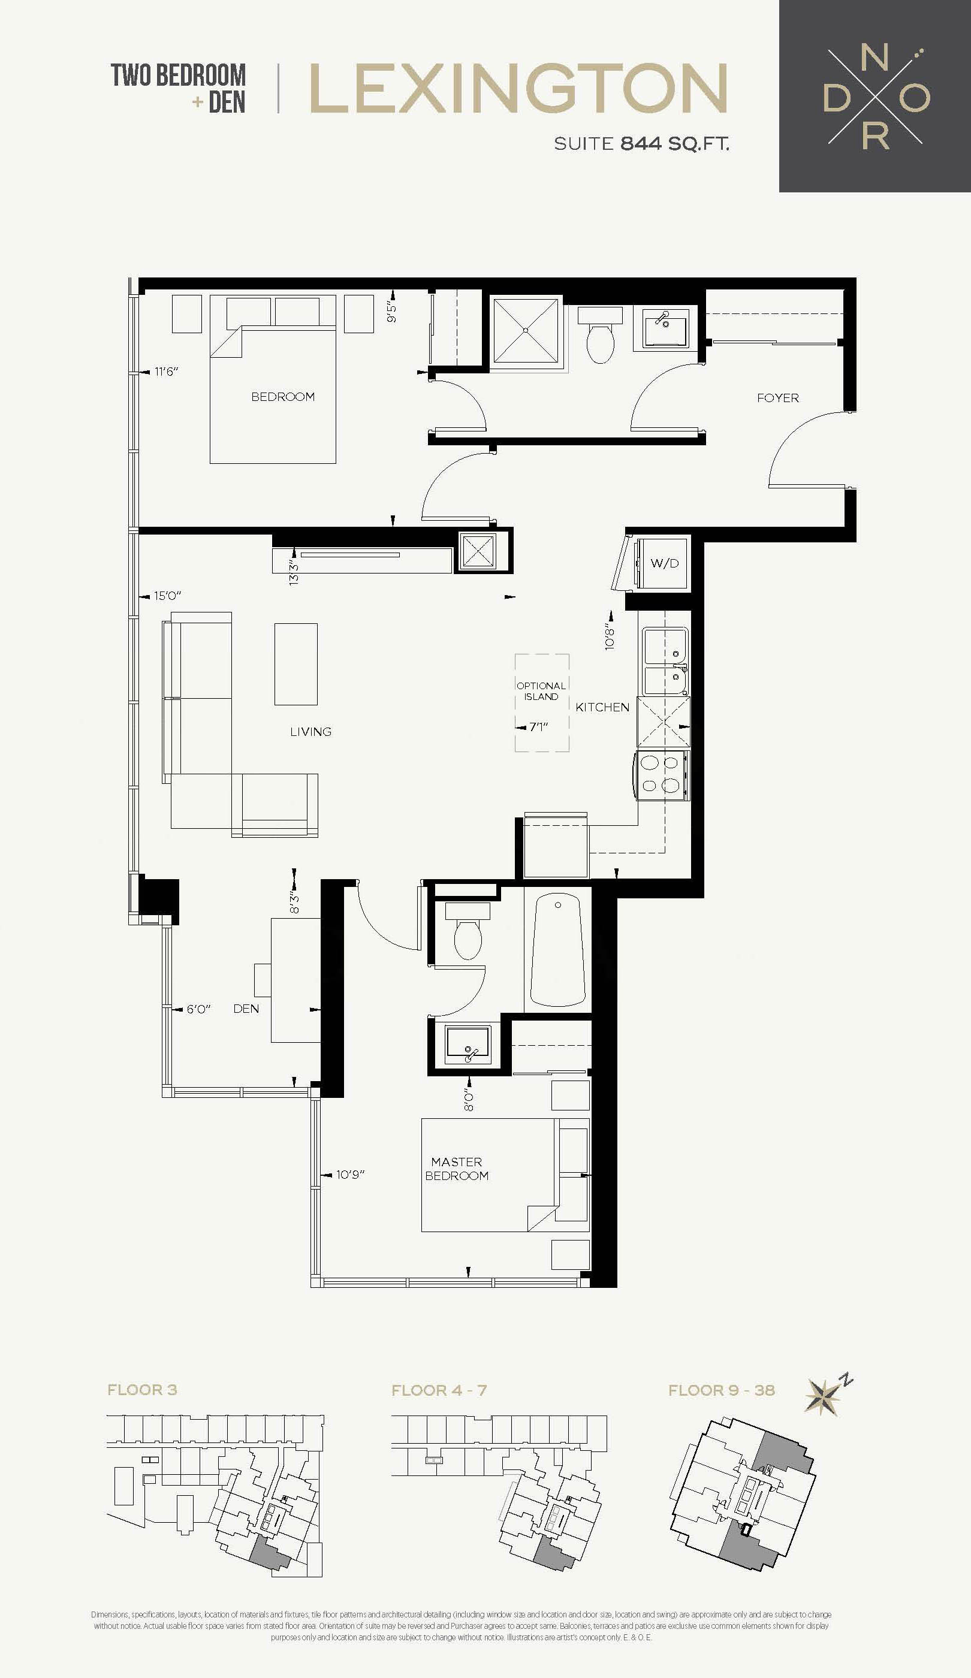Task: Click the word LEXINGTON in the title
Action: [518, 89]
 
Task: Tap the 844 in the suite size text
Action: [641, 143]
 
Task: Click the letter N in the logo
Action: [874, 59]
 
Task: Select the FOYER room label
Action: [778, 397]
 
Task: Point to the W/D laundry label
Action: [665, 563]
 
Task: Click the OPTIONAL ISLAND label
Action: [541, 691]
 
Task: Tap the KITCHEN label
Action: [602, 707]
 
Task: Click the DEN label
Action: [246, 1009]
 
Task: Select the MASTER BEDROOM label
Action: [457, 1169]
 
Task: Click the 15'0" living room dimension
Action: [167, 595]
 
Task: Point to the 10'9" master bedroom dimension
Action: [350, 1175]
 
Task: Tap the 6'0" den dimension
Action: [198, 1009]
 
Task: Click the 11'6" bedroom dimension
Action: [167, 372]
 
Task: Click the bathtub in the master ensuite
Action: [557, 950]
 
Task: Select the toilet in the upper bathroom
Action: [600, 336]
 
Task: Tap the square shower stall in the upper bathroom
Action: [526, 330]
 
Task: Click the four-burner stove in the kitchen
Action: [662, 775]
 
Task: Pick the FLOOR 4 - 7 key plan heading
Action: [439, 1390]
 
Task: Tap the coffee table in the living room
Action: [295, 664]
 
